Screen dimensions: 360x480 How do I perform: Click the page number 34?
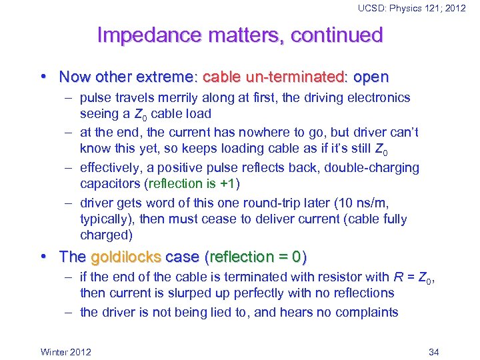pyautogui.click(x=433, y=351)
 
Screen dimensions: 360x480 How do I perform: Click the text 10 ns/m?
pyautogui.click(x=374, y=203)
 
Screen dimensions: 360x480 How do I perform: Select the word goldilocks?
pyautogui.click(x=126, y=257)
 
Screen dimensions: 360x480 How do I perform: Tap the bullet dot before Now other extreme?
pyautogui.click(x=44, y=77)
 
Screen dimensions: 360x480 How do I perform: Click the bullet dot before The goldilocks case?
pyautogui.click(x=44, y=257)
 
